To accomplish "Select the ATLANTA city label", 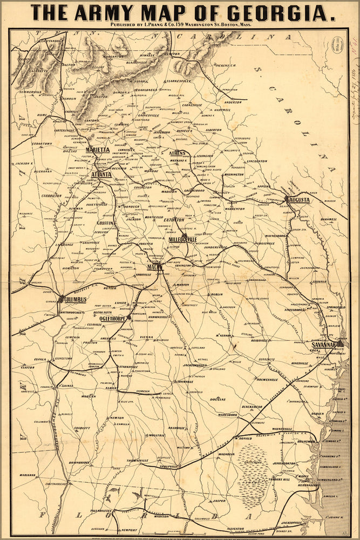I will pyautogui.click(x=101, y=174).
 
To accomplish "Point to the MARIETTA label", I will pyautogui.click(x=98, y=150).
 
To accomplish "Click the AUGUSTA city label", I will pyautogui.click(x=300, y=200).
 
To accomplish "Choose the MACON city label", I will pyautogui.click(x=155, y=267).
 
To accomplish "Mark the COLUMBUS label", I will pyautogui.click(x=75, y=299).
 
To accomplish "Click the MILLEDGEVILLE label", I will pyautogui.click(x=183, y=239).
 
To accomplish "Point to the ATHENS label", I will pyautogui.click(x=177, y=153).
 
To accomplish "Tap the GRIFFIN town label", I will pyautogui.click(x=105, y=222).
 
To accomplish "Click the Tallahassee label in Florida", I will pyautogui.click(x=100, y=510).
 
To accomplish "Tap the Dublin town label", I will pyautogui.click(x=216, y=294).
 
